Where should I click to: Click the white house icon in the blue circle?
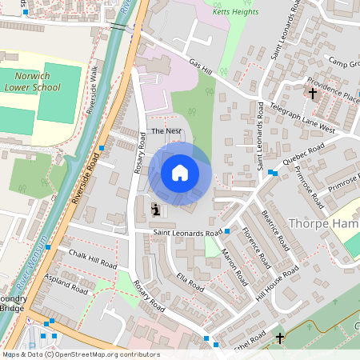click(180, 172)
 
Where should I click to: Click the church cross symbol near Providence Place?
click(313, 94)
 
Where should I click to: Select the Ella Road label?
click(190, 284)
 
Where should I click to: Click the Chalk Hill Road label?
click(93, 259)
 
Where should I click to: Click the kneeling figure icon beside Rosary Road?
click(154, 210)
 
